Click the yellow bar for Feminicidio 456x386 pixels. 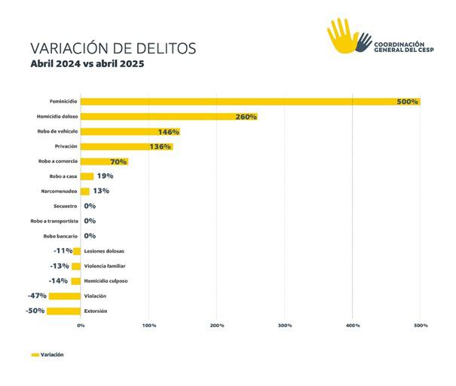[249, 102]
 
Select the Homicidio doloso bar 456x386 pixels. [169, 117]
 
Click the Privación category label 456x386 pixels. [66, 146]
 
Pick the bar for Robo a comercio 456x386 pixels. [103, 161]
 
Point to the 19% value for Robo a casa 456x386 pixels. [105, 176]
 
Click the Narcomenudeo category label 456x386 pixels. [59, 191]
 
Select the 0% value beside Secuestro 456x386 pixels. [90, 206]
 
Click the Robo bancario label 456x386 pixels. [60, 236]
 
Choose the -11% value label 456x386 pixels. [63, 250]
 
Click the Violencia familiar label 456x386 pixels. [105, 265]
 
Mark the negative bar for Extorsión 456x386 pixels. [63, 311]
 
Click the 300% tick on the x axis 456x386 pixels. [285, 325]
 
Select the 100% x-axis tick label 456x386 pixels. [148, 325]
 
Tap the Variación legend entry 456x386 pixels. [47, 354]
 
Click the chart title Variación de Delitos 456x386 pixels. [112, 47]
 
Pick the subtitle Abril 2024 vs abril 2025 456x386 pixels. [87, 64]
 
